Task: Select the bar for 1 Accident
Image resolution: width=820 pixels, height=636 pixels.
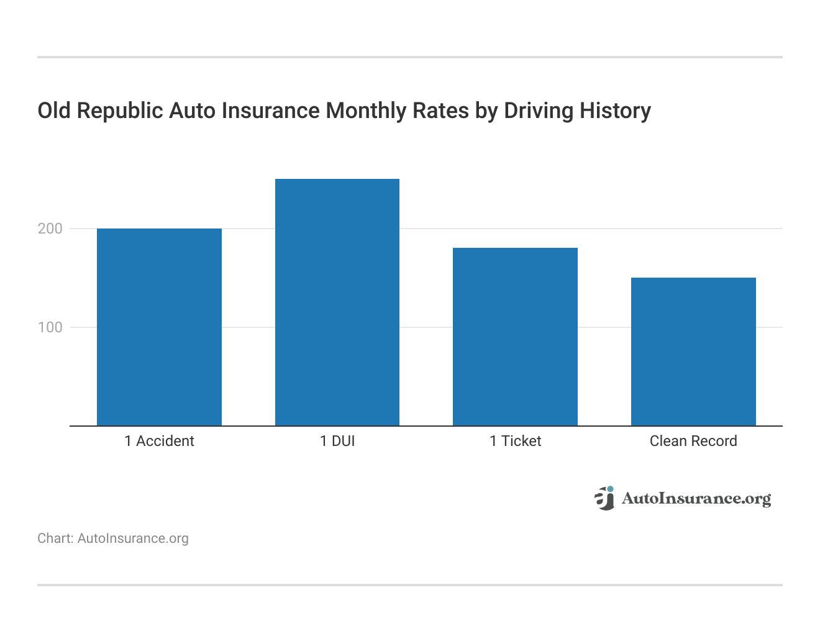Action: point(159,327)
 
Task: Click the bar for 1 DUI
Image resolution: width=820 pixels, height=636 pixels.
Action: point(337,302)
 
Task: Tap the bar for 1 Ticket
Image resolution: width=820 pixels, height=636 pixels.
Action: point(515,337)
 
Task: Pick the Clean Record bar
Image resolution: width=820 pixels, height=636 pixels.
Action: point(693,352)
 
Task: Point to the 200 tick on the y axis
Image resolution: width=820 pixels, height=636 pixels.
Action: point(50,229)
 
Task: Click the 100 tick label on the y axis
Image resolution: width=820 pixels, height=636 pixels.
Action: point(50,327)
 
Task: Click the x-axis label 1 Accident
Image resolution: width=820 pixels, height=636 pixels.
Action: point(159,441)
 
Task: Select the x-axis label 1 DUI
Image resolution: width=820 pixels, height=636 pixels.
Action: point(337,441)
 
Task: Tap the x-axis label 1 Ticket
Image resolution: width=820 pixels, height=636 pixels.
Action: point(515,441)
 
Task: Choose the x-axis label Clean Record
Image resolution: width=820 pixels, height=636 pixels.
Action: point(693,441)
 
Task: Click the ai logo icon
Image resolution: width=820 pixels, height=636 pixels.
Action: point(604,498)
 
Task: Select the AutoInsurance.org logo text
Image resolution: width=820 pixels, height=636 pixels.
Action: point(696,499)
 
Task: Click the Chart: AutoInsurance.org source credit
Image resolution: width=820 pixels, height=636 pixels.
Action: point(113,538)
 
